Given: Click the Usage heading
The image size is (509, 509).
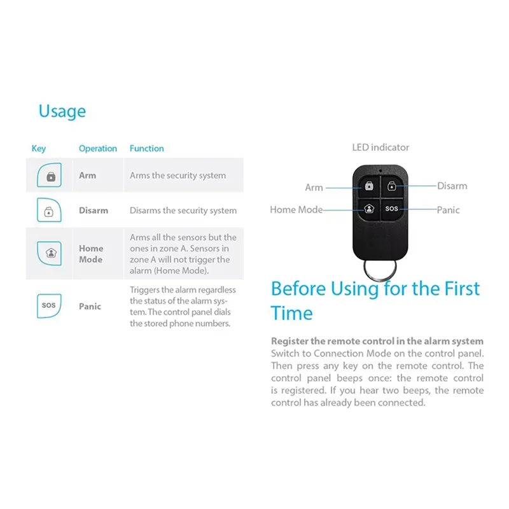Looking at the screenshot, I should pyautogui.click(x=62, y=111).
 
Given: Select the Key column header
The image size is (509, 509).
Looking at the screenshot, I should pyautogui.click(x=39, y=148).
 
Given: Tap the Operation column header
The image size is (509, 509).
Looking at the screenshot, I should pyautogui.click(x=98, y=148).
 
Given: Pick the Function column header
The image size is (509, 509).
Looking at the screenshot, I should pyautogui.click(x=147, y=148).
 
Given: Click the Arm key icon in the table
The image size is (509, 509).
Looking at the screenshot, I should pyautogui.click(x=50, y=176).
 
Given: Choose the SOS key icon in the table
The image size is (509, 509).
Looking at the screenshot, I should pyautogui.click(x=49, y=305).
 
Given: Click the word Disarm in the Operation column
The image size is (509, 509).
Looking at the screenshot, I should pyautogui.click(x=94, y=211).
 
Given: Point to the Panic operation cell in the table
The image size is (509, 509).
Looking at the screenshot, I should pyautogui.click(x=90, y=306).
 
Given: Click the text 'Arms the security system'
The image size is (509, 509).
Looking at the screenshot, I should pyautogui.click(x=178, y=176).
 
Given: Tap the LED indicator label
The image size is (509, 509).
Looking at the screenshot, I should pyautogui.click(x=380, y=148).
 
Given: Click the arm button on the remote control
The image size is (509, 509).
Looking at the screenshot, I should pyautogui.click(x=368, y=186).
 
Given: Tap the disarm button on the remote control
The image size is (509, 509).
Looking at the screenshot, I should pyautogui.click(x=391, y=186).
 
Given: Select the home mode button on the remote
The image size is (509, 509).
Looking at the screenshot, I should pyautogui.click(x=368, y=209).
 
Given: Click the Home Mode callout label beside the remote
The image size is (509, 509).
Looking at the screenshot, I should pyautogui.click(x=296, y=209).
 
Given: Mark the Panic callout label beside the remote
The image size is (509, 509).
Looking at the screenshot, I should pyautogui.click(x=448, y=210).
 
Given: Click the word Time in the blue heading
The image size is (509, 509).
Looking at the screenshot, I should pyautogui.click(x=291, y=313).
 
